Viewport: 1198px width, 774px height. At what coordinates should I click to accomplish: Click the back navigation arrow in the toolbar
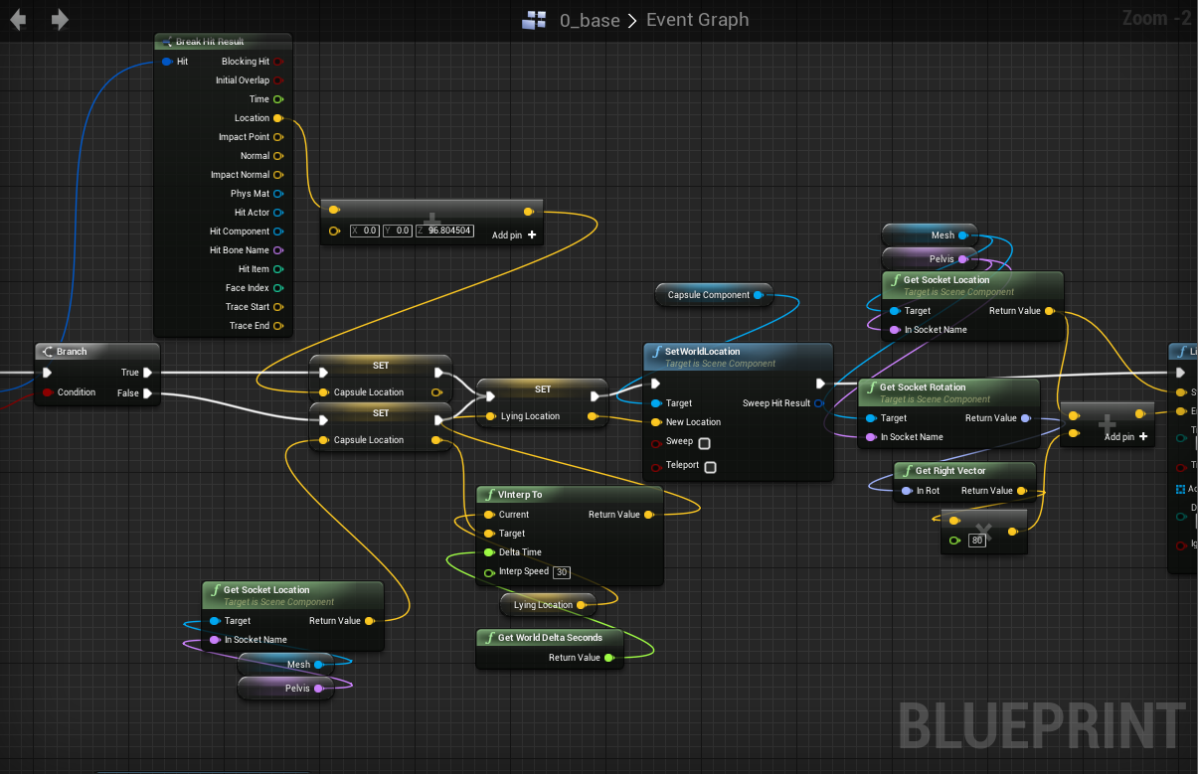(18, 20)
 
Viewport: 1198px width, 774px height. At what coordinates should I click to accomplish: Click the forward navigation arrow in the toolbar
(60, 20)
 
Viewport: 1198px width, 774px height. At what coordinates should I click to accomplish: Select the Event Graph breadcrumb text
(697, 20)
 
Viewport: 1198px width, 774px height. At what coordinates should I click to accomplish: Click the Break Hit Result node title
(210, 42)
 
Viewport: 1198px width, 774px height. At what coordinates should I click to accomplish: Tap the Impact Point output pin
(277, 137)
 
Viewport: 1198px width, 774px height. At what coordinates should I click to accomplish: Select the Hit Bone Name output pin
(277, 250)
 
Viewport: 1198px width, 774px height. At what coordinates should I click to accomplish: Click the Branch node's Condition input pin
(47, 392)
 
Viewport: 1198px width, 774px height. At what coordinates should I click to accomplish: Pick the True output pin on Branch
(147, 373)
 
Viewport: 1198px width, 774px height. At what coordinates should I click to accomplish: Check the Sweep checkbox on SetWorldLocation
(704, 442)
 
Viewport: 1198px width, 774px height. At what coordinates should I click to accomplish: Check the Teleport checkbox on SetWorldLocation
(710, 466)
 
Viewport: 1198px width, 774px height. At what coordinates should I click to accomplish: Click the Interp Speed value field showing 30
(562, 572)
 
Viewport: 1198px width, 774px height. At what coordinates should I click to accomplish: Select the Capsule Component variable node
(709, 295)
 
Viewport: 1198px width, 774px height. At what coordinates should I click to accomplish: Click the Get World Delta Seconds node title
(550, 638)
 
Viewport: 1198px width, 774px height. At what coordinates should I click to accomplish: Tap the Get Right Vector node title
(949, 471)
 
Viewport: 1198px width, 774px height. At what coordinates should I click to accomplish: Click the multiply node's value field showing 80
(977, 541)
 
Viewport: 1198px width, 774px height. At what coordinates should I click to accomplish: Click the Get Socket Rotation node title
(922, 387)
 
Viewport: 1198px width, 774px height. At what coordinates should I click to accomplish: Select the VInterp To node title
(520, 495)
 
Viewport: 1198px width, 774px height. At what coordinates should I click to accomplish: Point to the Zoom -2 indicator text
(1156, 18)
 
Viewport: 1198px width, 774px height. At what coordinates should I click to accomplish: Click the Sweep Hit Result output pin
(818, 403)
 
